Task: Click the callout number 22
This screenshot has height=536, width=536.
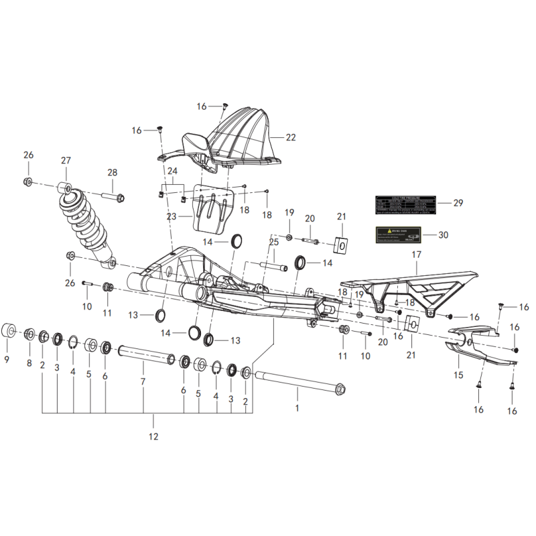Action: click(x=290, y=137)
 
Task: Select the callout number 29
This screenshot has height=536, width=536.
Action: click(x=458, y=203)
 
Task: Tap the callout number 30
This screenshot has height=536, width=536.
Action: click(x=443, y=235)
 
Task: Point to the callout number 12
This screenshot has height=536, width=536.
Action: click(x=153, y=438)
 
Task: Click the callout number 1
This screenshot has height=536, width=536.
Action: click(x=297, y=407)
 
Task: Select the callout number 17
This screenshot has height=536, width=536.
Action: click(x=416, y=255)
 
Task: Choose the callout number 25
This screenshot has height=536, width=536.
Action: click(x=273, y=242)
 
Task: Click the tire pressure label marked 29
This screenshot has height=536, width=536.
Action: click(x=405, y=204)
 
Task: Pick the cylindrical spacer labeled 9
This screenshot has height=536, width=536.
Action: click(x=10, y=331)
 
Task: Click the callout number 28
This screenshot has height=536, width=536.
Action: click(x=112, y=172)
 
